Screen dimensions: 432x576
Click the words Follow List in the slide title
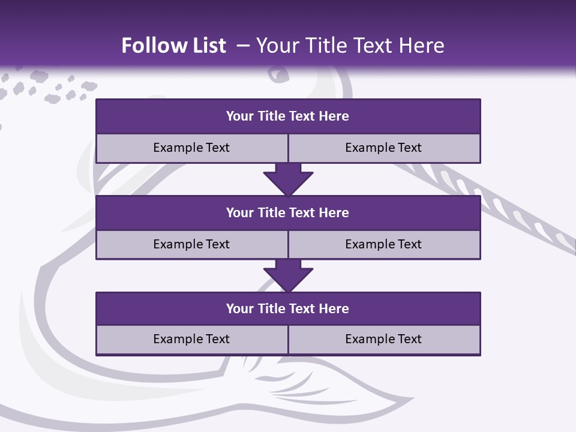click(x=173, y=46)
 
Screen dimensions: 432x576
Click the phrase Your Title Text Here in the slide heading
click(x=350, y=46)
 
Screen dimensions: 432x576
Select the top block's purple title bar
click(x=288, y=116)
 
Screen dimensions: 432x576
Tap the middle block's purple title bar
click(x=288, y=212)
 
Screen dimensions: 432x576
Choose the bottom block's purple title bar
click(x=288, y=308)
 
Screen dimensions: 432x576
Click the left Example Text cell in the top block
click(x=191, y=148)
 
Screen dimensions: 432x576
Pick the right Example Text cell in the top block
click(x=383, y=148)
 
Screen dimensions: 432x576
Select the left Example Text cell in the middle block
click(x=191, y=244)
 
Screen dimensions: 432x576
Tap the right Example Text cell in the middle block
click(x=383, y=244)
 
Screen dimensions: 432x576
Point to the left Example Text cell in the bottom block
click(x=191, y=339)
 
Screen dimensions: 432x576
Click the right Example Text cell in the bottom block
click(x=383, y=339)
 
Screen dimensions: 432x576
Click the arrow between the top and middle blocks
click(x=288, y=179)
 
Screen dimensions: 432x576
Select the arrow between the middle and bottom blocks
click(x=288, y=275)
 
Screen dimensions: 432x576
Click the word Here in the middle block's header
click(x=334, y=212)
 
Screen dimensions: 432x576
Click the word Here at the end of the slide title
click(x=422, y=46)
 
